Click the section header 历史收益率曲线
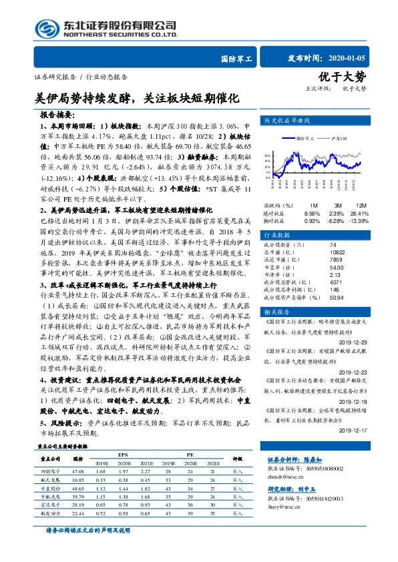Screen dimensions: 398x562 pos(288,121)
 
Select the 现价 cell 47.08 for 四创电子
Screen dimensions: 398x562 pos(77,471)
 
